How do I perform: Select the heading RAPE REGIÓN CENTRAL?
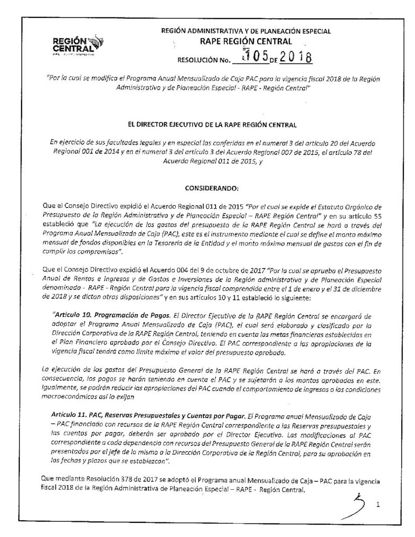click(x=246, y=41)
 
